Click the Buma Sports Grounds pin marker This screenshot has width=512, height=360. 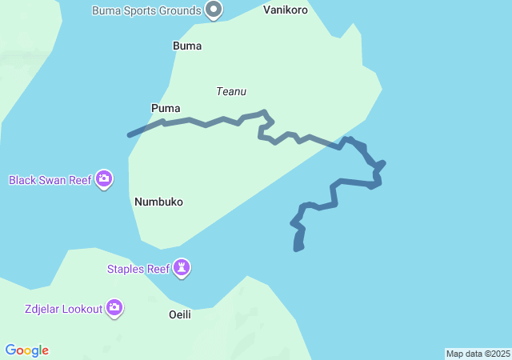[x=214, y=10]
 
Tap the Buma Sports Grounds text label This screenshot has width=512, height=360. [x=146, y=11]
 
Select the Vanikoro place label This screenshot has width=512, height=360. [x=286, y=10]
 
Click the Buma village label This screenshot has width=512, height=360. [x=187, y=46]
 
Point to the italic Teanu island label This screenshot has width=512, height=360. [x=230, y=91]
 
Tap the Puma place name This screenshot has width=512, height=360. [x=166, y=108]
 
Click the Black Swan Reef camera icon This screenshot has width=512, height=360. [x=103, y=179]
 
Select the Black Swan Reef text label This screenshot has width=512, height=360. [x=50, y=180]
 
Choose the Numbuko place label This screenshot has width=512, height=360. [x=158, y=202]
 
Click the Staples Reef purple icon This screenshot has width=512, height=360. [x=183, y=268]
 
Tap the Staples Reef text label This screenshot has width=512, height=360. [x=138, y=269]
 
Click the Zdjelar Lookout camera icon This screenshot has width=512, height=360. [x=114, y=307]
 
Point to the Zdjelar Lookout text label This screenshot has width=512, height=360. [x=63, y=309]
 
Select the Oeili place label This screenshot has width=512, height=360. [x=180, y=314]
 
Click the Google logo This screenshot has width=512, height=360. [x=27, y=350]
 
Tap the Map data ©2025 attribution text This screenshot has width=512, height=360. [x=478, y=354]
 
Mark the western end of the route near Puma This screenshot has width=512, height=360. [x=130, y=135]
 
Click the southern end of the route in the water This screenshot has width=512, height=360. [x=298, y=249]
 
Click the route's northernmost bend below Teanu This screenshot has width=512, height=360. [x=263, y=113]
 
